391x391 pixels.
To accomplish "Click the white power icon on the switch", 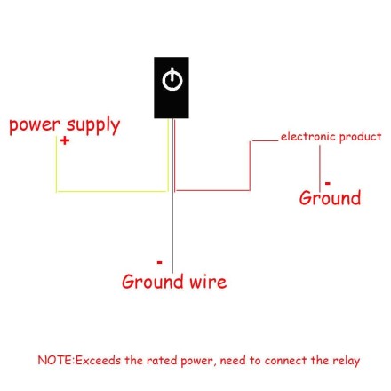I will [x=172, y=81].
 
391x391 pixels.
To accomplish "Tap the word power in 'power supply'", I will [x=34, y=125].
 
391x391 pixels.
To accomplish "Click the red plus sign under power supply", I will [x=64, y=140].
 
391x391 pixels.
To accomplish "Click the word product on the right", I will [x=360, y=137].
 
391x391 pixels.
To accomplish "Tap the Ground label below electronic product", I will [x=330, y=197].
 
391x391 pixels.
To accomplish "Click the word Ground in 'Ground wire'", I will [x=152, y=282].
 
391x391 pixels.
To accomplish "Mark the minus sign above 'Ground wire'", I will [x=159, y=262].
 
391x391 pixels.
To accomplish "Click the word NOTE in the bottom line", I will [x=54, y=360].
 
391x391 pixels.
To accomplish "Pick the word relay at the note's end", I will [x=346, y=360].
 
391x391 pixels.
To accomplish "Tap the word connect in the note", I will [x=283, y=360].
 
